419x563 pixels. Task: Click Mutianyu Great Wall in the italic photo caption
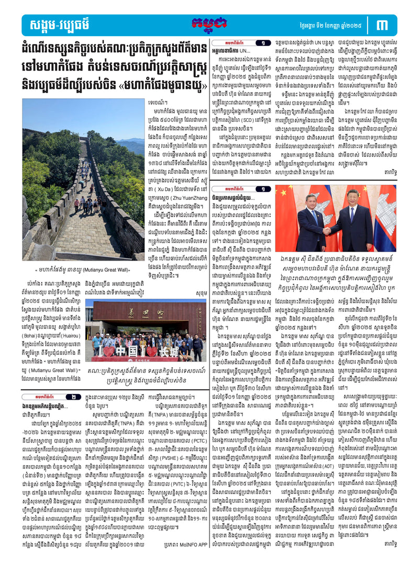[x=103, y=269]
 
